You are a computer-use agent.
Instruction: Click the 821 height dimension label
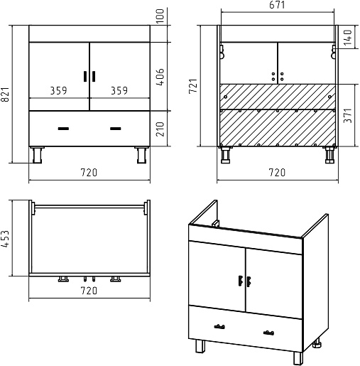point(5,95)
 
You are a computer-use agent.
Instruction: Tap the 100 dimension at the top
point(160,16)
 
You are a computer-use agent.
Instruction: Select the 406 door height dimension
point(160,77)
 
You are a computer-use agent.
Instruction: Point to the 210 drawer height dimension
point(160,129)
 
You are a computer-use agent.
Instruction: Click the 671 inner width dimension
point(277,5)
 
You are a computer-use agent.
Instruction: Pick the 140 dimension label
point(348,38)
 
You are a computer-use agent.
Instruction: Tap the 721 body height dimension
point(193,86)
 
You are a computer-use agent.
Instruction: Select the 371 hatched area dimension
point(348,115)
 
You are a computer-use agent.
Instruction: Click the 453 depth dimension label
point(5,239)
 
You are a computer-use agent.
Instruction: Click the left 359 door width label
point(58,90)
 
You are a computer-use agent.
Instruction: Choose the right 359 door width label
point(119,90)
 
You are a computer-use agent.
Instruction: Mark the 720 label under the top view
point(89,291)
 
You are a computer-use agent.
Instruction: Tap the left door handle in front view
point(85,76)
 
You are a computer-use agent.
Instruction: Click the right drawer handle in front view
point(116,129)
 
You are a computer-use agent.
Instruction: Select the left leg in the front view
point(38,155)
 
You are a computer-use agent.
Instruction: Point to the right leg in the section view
point(329,155)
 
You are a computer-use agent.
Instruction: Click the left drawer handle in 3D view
point(219,327)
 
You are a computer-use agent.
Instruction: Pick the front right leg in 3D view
point(298,358)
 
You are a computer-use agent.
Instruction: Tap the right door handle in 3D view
point(249,281)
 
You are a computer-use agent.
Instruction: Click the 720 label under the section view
point(277,172)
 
